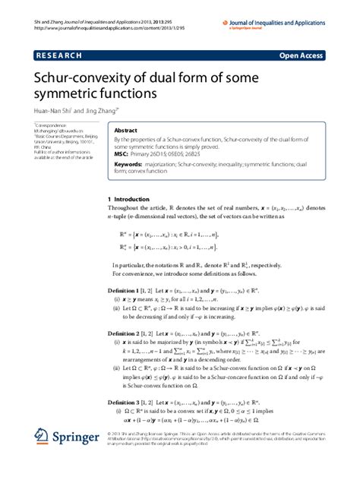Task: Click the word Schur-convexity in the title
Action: click(77, 78)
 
